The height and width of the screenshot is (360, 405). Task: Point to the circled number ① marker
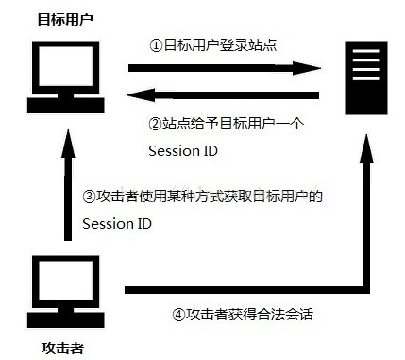click(157, 44)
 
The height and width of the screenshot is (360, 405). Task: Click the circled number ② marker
click(156, 124)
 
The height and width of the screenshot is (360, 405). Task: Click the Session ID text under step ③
click(115, 223)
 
